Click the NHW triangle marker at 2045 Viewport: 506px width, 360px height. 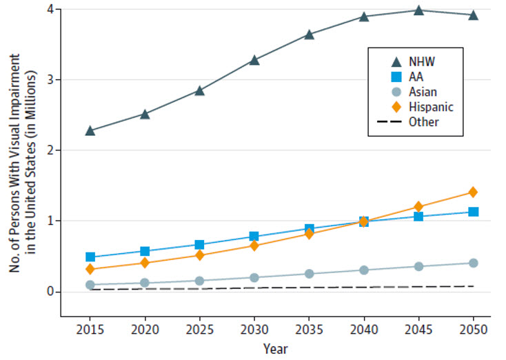(418, 10)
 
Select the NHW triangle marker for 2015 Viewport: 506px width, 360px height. (90, 130)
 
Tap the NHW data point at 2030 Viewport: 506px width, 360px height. (254, 60)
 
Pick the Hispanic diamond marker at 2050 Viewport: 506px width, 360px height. (473, 192)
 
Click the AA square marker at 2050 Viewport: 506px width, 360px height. (473, 212)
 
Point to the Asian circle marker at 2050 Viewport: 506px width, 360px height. (473, 263)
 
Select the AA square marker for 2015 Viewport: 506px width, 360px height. (90, 257)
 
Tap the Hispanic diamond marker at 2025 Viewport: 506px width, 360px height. (199, 255)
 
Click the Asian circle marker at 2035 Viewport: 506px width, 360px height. (309, 274)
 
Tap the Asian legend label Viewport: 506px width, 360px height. (421, 92)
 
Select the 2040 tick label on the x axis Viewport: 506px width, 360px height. (363, 330)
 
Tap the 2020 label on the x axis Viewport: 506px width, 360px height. (145, 330)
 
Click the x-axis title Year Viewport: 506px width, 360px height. (274, 349)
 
